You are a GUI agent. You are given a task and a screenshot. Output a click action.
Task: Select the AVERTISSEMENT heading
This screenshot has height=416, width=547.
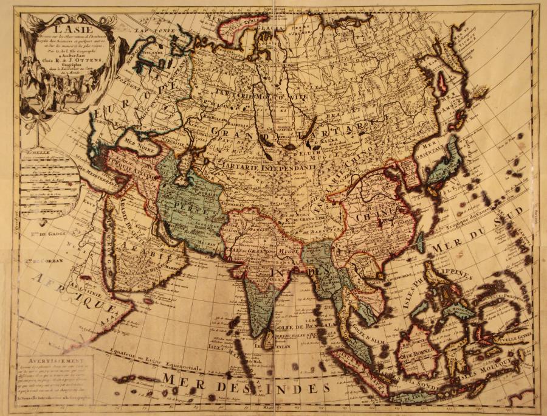43,359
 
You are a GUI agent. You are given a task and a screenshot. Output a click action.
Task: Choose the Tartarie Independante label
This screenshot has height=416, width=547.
256,165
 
